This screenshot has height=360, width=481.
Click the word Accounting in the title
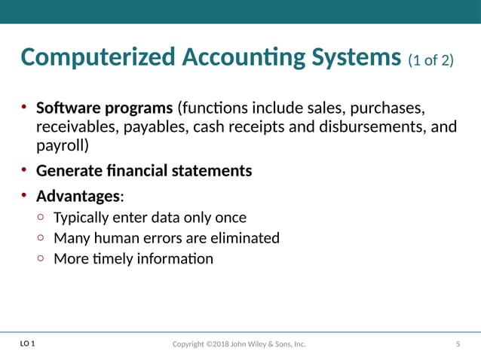point(250,57)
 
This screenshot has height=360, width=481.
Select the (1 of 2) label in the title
point(431,59)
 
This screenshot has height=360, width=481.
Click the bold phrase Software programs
point(105,107)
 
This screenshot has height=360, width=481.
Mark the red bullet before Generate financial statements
point(24,170)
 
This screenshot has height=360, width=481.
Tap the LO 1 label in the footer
point(27,344)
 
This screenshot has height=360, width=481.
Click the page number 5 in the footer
point(458,345)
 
